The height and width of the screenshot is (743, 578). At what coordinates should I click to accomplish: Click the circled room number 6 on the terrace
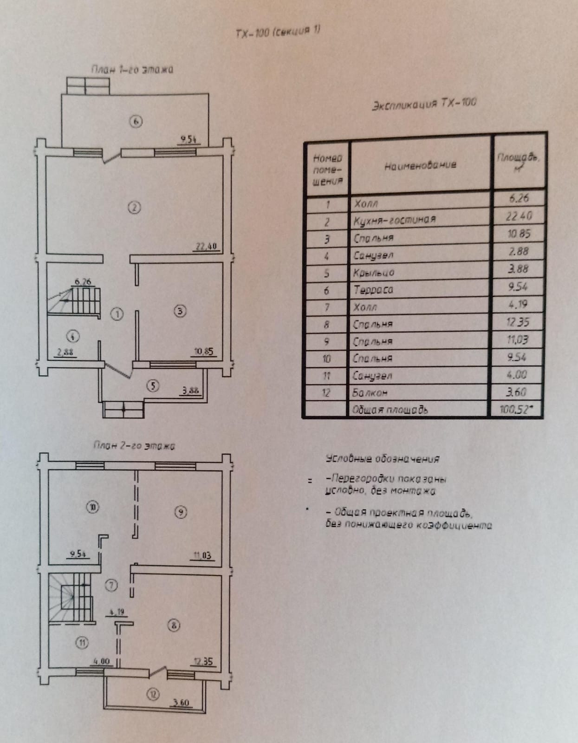click(136, 122)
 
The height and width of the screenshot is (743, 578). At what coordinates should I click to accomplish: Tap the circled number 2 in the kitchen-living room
click(134, 208)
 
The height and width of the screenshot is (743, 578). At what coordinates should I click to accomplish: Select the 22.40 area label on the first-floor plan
click(206, 247)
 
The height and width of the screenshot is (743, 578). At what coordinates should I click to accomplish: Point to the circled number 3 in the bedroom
click(180, 311)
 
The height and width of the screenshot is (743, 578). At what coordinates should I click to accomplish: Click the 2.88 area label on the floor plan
click(65, 352)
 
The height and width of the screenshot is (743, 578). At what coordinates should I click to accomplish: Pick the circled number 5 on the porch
click(153, 385)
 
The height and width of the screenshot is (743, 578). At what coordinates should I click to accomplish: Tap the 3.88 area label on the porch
click(190, 391)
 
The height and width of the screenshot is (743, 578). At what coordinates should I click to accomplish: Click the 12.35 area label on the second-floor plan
click(203, 661)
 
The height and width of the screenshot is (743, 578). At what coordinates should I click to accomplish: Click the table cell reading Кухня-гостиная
click(395, 220)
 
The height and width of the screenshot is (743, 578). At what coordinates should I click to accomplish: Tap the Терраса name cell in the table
click(373, 290)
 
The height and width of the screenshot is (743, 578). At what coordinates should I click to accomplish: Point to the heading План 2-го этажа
click(134, 446)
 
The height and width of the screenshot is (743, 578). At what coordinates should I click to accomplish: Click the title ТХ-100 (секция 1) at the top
click(278, 32)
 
